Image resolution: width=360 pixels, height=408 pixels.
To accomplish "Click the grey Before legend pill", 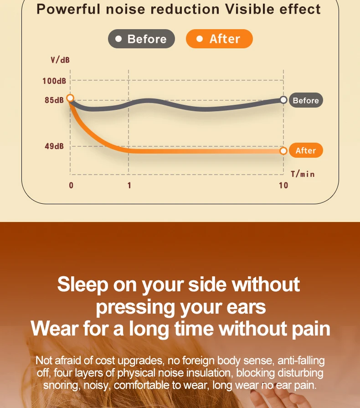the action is pyautogui.click(x=141, y=39).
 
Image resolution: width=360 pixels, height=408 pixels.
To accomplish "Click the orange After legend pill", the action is pyautogui.click(x=219, y=39).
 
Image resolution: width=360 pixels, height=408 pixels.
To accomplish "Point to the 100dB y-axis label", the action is pyautogui.click(x=54, y=81).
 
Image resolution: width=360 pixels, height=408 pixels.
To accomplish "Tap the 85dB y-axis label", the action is pyautogui.click(x=54, y=100).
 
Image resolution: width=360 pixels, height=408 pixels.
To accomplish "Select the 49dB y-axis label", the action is pyautogui.click(x=54, y=146).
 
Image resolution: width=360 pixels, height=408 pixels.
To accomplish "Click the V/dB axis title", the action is pyautogui.click(x=60, y=60).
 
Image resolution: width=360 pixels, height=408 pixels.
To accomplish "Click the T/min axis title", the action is pyautogui.click(x=303, y=174).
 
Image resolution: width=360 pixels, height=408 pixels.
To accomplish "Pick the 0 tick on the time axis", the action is pyautogui.click(x=71, y=185).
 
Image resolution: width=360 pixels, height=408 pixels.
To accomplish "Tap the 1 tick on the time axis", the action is pyautogui.click(x=129, y=185).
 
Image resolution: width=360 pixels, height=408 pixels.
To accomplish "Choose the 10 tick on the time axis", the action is pyautogui.click(x=283, y=185).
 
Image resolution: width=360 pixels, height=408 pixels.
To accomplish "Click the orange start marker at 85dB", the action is pyautogui.click(x=70, y=98).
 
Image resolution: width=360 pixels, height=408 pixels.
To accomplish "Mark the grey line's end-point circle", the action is pyautogui.click(x=283, y=100).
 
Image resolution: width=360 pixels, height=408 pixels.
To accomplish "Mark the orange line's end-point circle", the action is pyautogui.click(x=283, y=151).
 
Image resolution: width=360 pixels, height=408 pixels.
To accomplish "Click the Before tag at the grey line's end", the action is pyautogui.click(x=306, y=100).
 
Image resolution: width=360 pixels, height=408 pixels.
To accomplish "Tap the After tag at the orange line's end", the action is pyautogui.click(x=306, y=150).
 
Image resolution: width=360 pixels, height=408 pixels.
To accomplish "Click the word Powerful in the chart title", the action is pyautogui.click(x=68, y=9).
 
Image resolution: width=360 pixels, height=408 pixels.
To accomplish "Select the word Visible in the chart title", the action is pyautogui.click(x=249, y=9).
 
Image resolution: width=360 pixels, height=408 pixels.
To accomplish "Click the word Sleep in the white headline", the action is pyautogui.click(x=83, y=284).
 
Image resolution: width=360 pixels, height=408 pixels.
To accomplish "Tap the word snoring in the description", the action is pyautogui.click(x=62, y=385).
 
